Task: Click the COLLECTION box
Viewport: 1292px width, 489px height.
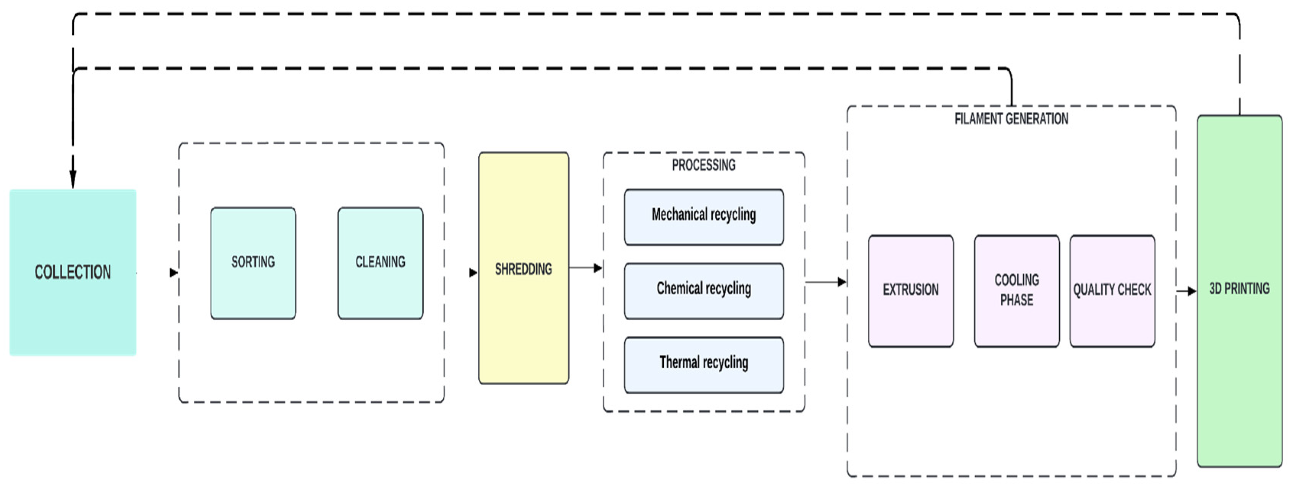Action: [73, 273]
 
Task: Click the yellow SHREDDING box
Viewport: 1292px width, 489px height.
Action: [523, 269]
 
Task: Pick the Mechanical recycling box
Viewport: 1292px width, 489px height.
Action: [704, 217]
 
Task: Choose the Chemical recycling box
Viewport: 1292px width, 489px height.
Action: [704, 290]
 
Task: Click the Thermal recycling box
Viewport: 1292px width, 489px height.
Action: [704, 364]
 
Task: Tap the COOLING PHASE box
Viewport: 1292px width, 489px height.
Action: [1016, 290]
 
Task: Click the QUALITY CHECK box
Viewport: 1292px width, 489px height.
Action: [1112, 290]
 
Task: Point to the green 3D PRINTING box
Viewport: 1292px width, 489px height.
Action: [1239, 290]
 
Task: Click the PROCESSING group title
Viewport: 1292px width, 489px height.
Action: [704, 165]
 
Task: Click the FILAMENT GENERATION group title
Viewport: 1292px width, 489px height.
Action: [1011, 119]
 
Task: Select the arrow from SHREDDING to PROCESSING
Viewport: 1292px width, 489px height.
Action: [585, 268]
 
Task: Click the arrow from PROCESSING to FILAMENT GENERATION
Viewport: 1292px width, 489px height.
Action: [825, 282]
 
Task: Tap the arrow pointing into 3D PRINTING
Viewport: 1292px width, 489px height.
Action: [1187, 291]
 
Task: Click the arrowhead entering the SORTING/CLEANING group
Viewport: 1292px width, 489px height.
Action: [173, 273]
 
